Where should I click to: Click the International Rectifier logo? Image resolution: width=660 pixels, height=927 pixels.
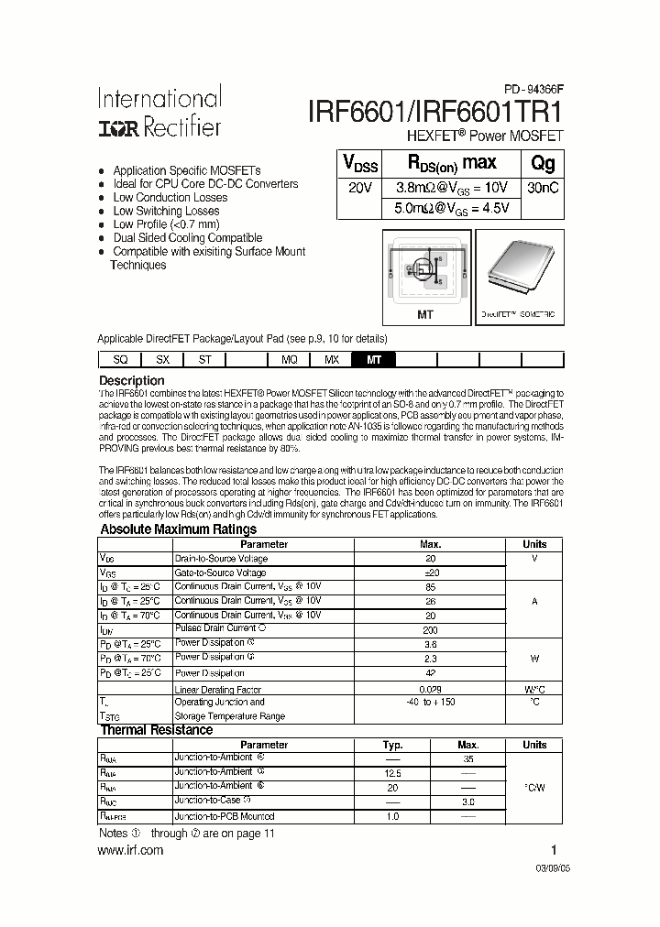159,113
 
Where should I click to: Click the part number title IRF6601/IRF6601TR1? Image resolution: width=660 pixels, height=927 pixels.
434,111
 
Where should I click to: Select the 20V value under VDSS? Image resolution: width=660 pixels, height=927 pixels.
360,187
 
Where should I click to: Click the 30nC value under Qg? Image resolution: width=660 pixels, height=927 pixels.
543,187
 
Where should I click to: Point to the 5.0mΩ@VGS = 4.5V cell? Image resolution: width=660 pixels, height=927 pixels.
451,208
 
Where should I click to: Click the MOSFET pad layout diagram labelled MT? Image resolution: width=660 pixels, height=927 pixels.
426,272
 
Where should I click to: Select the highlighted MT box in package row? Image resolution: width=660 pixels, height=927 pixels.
374,360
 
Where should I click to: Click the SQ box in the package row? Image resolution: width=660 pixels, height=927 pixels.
119,360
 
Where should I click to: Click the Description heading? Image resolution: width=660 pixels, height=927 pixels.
131,380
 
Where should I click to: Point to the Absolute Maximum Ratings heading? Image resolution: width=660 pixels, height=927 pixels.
178,529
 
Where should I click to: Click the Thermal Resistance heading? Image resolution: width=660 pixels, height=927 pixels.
156,730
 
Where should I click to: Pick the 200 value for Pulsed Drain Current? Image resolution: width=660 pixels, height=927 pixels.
430,630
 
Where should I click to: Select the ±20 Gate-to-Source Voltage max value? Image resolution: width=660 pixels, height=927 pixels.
430,573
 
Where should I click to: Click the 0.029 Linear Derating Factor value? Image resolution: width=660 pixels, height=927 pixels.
430,688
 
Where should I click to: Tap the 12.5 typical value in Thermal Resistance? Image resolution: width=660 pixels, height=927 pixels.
391,772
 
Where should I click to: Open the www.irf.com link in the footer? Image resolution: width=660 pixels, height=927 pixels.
130,850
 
